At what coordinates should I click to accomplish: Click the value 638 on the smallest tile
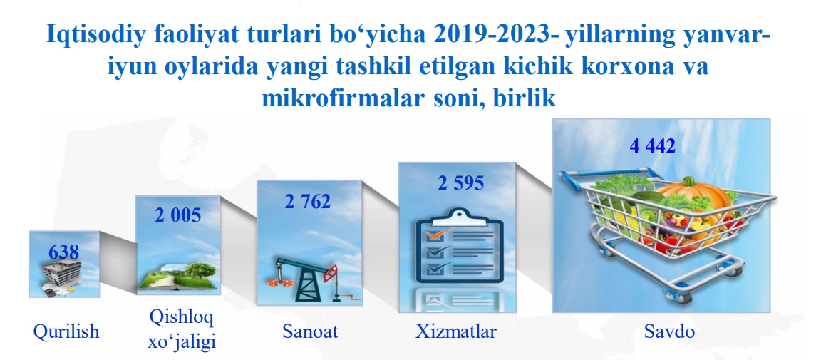point(63,252)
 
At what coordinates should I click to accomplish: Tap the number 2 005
point(178,215)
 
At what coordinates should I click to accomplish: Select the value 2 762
point(308,201)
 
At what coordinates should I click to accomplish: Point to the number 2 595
point(461,183)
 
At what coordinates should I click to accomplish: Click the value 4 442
point(653,145)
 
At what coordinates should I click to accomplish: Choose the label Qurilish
point(66,331)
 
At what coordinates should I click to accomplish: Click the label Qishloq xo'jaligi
point(182,329)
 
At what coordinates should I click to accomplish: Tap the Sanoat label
point(310,331)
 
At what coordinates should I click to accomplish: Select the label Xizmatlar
point(456,331)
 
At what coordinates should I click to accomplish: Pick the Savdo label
point(669,331)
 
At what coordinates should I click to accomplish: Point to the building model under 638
point(63,277)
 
